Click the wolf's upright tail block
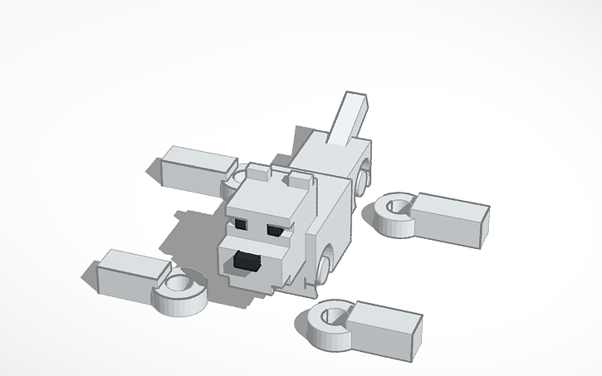349,116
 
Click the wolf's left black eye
241,223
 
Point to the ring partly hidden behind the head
237,178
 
